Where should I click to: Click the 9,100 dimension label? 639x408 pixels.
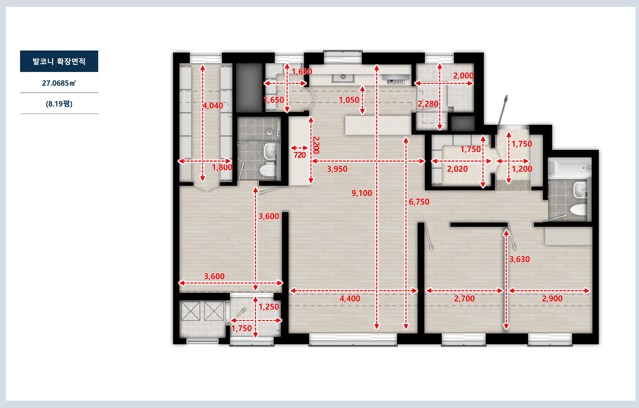point(361,193)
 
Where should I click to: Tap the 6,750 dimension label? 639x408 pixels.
point(419,202)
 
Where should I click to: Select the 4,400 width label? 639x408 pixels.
point(350,298)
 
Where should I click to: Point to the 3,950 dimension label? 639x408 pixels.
point(337,169)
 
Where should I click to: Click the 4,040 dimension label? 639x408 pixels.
point(213,105)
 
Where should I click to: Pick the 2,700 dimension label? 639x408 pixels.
point(464,298)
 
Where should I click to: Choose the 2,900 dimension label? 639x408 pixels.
point(552,298)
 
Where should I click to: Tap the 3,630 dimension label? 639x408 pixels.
point(520,259)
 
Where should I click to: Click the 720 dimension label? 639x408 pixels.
point(300,155)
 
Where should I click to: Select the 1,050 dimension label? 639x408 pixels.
point(349,100)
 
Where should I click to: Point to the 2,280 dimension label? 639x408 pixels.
point(428,104)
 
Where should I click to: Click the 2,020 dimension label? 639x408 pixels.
point(457,169)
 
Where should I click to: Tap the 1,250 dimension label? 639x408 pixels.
point(269,307)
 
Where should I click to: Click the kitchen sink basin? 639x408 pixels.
point(343,77)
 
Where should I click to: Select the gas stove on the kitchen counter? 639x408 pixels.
point(396,80)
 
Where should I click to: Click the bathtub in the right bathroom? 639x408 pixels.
point(569,167)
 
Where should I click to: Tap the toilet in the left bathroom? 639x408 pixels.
point(267,170)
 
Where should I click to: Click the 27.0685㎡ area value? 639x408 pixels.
point(59,83)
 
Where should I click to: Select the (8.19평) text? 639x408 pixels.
point(59,104)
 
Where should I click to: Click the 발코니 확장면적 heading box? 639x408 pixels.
point(59,61)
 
